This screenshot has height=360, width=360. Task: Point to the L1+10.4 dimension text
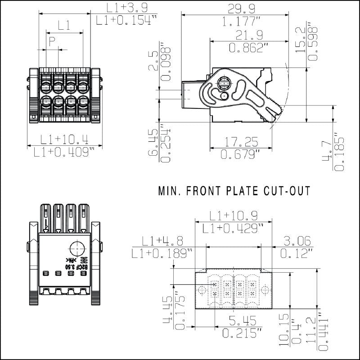tap(65, 139)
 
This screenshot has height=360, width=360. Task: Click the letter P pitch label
tap(52, 42)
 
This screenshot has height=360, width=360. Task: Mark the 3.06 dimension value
tap(295, 240)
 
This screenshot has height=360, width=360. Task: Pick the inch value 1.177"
tap(236, 21)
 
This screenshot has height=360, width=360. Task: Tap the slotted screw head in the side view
tap(224, 83)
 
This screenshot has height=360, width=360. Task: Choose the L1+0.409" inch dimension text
tap(65, 152)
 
